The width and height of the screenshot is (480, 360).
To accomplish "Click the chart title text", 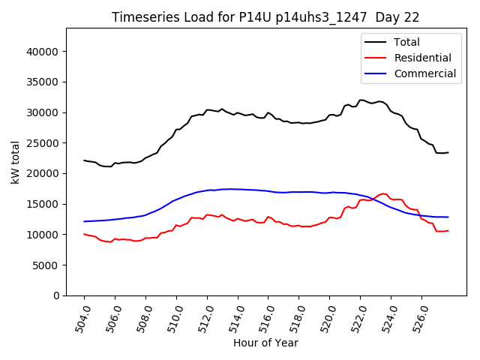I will click(265, 16).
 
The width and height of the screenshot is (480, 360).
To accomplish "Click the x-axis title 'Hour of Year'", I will click(265, 343).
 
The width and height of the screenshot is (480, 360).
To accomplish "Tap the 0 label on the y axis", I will click(57, 295).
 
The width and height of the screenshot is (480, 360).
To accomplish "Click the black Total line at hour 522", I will click(361, 100).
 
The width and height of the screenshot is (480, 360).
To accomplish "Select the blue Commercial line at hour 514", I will click(238, 189).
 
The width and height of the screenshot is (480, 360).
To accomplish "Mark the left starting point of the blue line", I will click(84, 221).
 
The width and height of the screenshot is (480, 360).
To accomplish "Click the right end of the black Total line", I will click(448, 152).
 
